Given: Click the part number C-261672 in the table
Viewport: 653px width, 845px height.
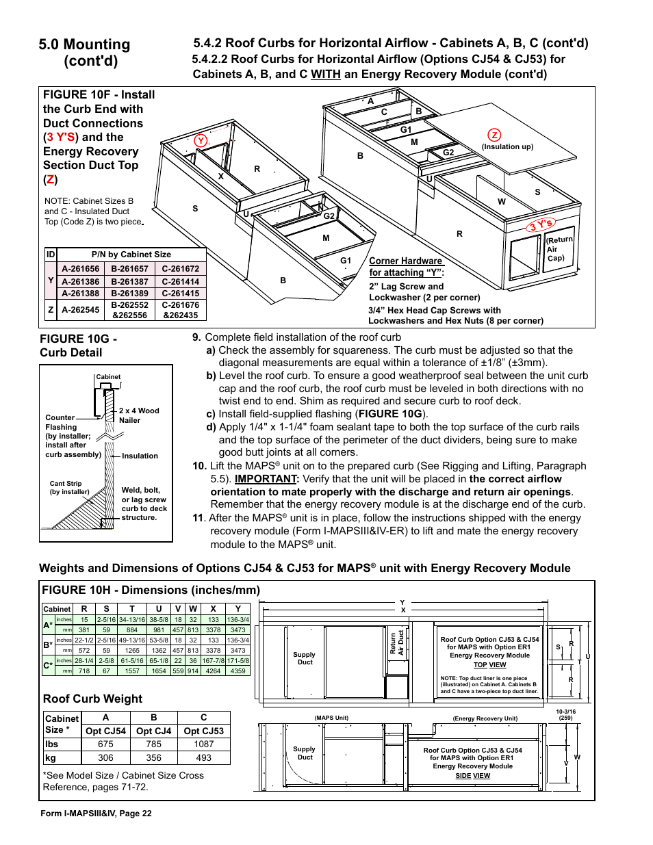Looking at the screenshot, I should (181, 269).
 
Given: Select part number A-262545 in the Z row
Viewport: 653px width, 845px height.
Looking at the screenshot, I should (81, 310).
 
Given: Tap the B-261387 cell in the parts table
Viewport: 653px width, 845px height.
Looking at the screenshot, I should (130, 281).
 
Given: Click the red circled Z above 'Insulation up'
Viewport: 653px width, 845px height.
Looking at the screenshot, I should (494, 135).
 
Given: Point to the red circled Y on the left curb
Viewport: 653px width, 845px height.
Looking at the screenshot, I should (201, 140).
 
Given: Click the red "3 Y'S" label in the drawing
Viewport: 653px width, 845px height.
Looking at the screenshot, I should (541, 224).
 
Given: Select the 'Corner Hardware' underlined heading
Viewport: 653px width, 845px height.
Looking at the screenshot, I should (406, 261).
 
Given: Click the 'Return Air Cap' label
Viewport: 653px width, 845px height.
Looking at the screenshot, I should (559, 248).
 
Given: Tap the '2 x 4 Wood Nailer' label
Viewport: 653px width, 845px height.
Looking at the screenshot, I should (138, 415).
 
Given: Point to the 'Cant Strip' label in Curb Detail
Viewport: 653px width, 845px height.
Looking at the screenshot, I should (66, 484).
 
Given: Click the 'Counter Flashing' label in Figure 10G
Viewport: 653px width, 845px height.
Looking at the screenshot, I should (60, 422).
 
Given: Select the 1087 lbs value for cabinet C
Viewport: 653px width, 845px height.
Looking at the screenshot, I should (203, 744).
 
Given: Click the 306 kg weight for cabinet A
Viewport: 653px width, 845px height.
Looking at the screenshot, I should (105, 757).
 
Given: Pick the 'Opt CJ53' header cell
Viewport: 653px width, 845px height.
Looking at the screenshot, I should (203, 731).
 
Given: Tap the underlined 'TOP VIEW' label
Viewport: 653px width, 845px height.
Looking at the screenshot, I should (490, 664).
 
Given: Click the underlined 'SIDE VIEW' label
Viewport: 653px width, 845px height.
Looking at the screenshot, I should (473, 775).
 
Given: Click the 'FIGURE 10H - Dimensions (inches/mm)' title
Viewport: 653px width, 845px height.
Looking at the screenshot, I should (151, 590).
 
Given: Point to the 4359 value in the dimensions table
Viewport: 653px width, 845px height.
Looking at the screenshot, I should (238, 671).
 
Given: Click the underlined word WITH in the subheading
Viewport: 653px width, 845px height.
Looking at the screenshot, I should (325, 74).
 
